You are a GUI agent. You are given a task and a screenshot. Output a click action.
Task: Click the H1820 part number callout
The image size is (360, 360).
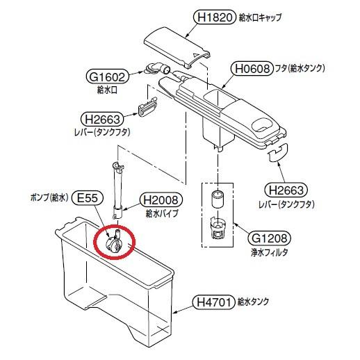pos(215,17)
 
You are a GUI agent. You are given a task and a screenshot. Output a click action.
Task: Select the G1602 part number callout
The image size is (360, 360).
pos(107,77)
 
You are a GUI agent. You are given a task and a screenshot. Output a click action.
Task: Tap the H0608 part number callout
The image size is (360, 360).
pos(252,69)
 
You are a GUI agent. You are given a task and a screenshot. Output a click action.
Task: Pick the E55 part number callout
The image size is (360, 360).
pos(88,198)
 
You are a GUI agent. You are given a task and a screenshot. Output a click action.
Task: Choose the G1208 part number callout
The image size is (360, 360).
pos(269,238)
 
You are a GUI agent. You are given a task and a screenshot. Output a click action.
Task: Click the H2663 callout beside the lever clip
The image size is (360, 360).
pos(102,120)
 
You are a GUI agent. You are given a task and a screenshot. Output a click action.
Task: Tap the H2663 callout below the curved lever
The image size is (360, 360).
pos(286,190)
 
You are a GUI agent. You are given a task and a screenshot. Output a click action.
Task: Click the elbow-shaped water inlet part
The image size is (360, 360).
pos(158,69)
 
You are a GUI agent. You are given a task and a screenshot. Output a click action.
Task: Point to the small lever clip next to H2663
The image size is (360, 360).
pos(147,106)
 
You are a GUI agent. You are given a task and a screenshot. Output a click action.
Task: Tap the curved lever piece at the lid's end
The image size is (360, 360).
pos(277,152)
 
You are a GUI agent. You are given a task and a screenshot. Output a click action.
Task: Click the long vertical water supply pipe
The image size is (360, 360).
pos(117,190)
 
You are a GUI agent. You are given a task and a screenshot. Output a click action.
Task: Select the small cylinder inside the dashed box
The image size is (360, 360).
pos(218,199)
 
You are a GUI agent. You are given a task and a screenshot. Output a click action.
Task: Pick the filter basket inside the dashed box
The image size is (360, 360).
pos(218,227)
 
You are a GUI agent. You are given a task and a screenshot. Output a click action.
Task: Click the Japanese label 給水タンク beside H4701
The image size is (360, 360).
pos(253,302)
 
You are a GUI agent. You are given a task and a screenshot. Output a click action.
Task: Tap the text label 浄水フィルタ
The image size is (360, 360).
pos(269,252)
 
